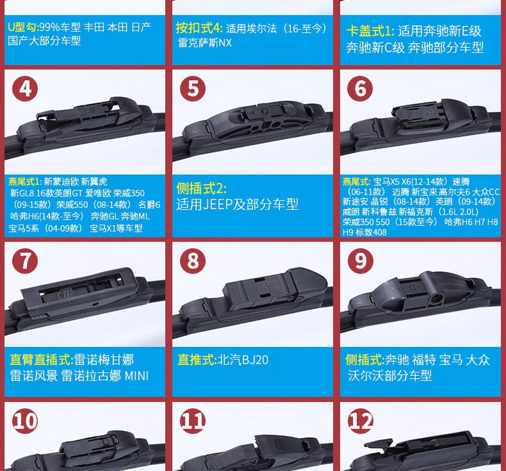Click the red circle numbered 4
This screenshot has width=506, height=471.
click(x=25, y=89)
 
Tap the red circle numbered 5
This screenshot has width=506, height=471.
click(x=193, y=89)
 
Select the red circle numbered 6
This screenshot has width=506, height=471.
click(x=360, y=89)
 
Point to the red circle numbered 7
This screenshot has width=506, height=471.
click(x=25, y=261)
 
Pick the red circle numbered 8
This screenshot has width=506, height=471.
click(x=193, y=261)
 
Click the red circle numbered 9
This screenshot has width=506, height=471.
click(x=360, y=261)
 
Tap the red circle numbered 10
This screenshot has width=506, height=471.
click(x=25, y=421)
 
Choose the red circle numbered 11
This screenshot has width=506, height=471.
click(x=193, y=421)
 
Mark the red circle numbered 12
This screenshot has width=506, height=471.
click(x=360, y=421)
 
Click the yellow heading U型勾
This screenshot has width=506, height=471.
click(x=22, y=27)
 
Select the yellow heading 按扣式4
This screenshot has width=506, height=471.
click(x=199, y=28)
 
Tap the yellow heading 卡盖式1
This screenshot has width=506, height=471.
click(x=370, y=31)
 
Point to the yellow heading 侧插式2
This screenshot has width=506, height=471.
click(x=201, y=188)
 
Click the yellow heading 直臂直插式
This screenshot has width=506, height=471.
click(x=41, y=360)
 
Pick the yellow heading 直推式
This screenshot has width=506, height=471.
click(x=197, y=360)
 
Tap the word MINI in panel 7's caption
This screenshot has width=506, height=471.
click(x=136, y=376)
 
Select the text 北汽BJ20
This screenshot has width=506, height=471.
click(x=244, y=360)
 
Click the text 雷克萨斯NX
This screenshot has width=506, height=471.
click(x=204, y=43)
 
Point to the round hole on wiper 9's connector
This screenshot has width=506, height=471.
click(x=436, y=298)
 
